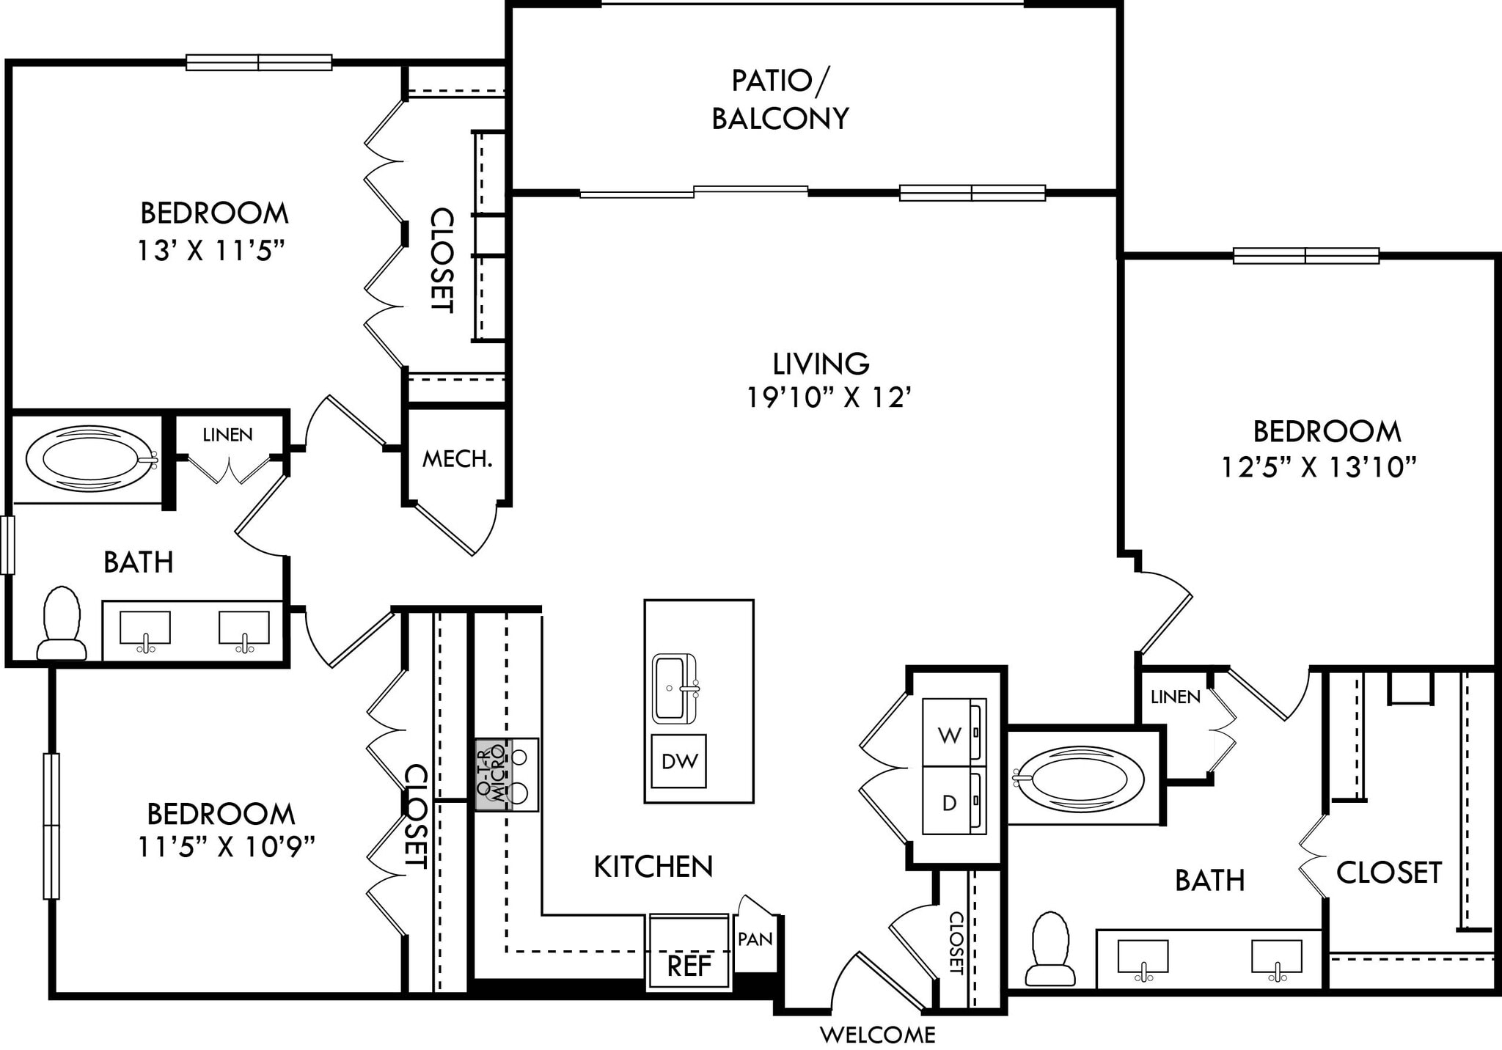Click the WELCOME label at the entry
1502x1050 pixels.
click(x=877, y=1035)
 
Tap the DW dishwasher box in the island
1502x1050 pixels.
click(x=678, y=761)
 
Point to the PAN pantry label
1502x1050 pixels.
click(x=755, y=939)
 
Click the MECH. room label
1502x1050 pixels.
click(x=457, y=460)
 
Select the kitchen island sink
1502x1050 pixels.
click(x=672, y=688)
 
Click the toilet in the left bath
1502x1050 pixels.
click(x=62, y=624)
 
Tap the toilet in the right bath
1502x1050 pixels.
click(x=1049, y=950)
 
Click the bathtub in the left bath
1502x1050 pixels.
click(x=89, y=459)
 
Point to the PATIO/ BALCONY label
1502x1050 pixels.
click(x=780, y=100)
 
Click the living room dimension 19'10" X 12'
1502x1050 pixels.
click(x=829, y=397)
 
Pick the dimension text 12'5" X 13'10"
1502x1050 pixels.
click(x=1318, y=467)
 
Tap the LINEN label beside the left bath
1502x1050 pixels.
click(x=227, y=435)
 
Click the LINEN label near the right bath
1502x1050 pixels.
click(x=1175, y=697)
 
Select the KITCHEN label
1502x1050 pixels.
click(x=653, y=867)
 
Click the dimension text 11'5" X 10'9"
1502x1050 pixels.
click(x=226, y=847)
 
